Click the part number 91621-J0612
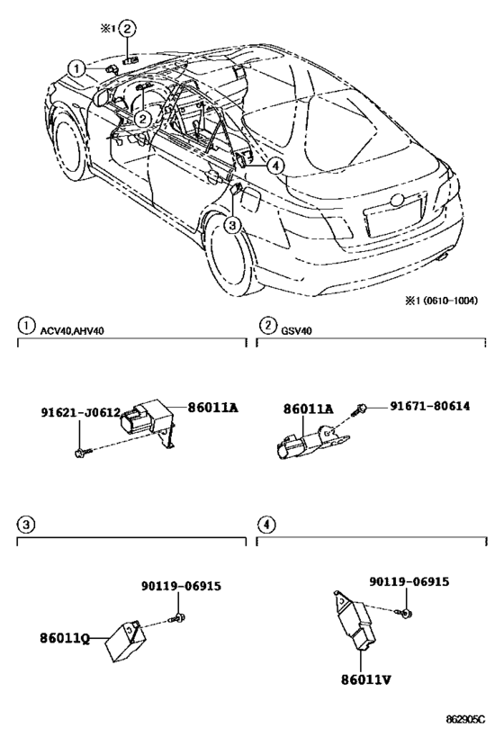point(81,412)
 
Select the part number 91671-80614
point(429,406)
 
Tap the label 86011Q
point(65,638)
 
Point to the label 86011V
point(365,679)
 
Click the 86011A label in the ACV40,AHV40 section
point(213,408)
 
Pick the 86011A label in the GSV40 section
point(308,409)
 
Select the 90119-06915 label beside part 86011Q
point(181,586)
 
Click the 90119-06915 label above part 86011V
point(409,582)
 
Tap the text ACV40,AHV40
point(72,331)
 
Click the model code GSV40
point(296,331)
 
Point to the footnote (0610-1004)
point(450,301)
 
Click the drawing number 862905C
point(465,720)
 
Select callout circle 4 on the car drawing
point(275,166)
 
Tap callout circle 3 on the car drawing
point(233,226)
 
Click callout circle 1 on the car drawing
point(76,69)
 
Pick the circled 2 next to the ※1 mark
point(128,29)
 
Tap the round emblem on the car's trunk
point(398,199)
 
